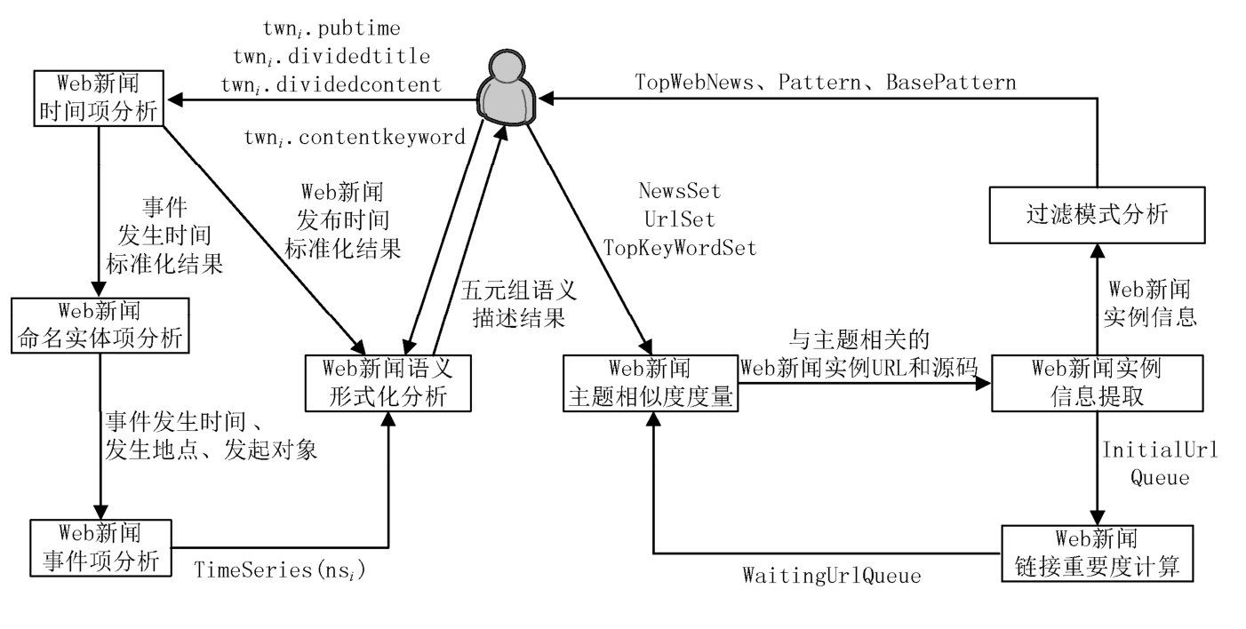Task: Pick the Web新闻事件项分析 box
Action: (x=100, y=548)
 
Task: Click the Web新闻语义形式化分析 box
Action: (x=388, y=382)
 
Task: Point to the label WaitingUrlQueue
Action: (x=831, y=576)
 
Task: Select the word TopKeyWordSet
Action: (x=680, y=249)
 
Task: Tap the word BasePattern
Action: (x=951, y=82)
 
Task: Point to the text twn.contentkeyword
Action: (x=355, y=138)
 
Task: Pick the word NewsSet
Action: (x=680, y=191)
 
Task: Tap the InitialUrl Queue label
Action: (x=1160, y=463)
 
